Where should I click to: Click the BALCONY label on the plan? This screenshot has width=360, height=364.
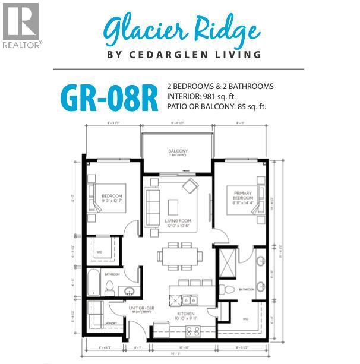[178, 152]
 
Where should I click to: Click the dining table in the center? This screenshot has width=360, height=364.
[179, 257]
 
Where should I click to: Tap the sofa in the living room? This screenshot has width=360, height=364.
[152, 202]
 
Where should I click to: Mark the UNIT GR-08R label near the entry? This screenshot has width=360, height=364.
[141, 308]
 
